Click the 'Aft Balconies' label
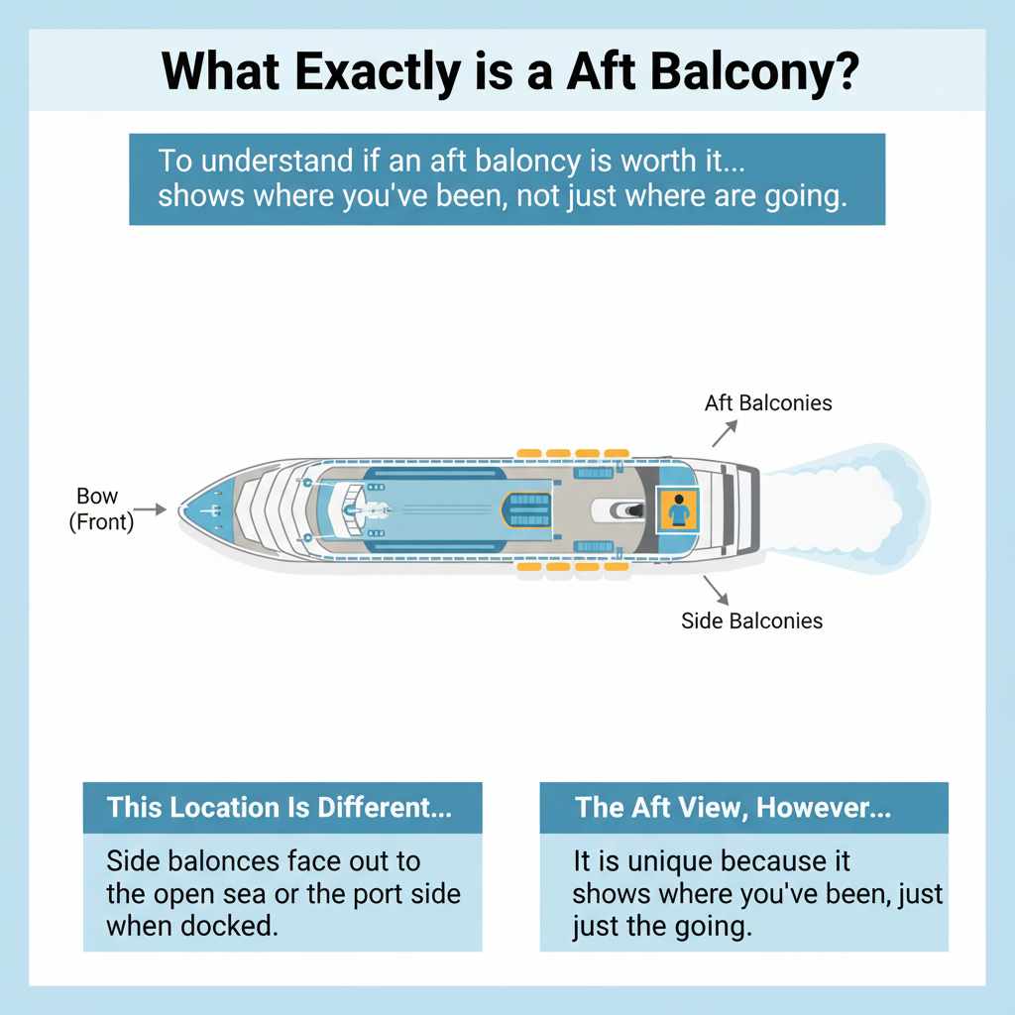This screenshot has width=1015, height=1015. click(768, 403)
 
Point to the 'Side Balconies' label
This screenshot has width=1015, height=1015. click(751, 621)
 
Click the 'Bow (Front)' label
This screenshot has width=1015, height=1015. click(99, 508)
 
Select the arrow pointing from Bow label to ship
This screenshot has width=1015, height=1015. click(149, 509)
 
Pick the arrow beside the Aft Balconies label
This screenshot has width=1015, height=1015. click(725, 432)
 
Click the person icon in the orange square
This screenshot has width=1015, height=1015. click(679, 511)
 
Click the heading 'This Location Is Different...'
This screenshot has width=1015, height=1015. click(280, 807)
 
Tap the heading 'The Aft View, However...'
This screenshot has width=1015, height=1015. click(733, 807)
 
